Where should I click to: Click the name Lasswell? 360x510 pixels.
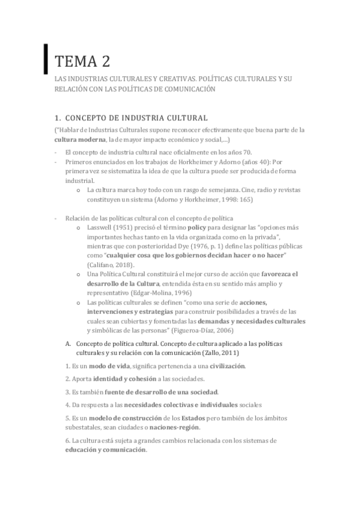102,229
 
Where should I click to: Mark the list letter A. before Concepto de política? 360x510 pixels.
68,344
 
